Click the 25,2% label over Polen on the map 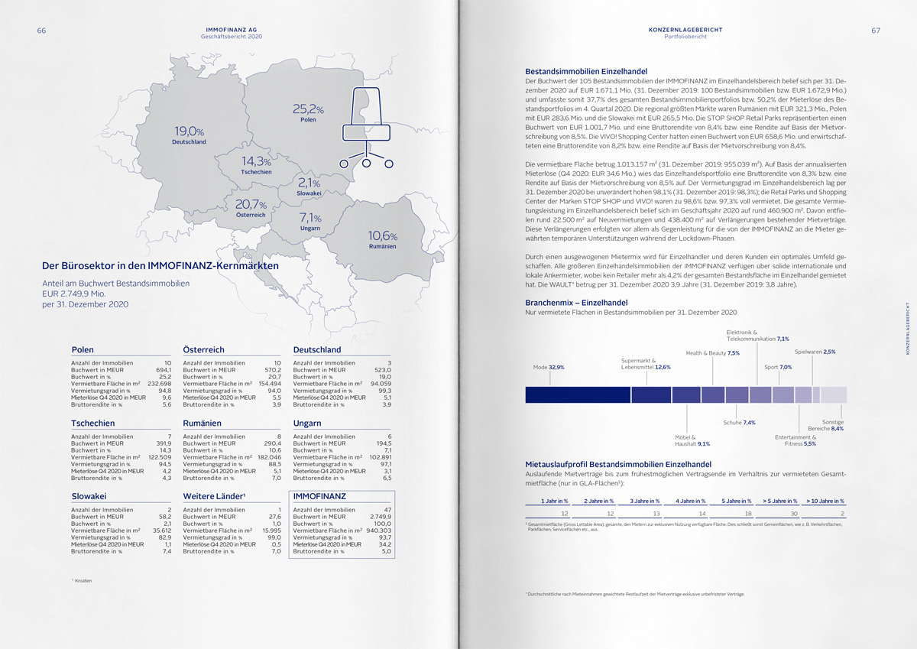[308, 109]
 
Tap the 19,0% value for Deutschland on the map [189, 131]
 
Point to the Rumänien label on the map [382, 246]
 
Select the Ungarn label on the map [309, 228]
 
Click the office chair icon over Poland [366, 125]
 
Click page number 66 [42, 31]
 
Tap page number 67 [875, 31]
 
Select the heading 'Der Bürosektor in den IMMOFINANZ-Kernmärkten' [160, 266]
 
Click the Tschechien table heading [93, 423]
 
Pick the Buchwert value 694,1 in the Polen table [164, 370]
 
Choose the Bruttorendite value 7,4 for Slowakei [167, 551]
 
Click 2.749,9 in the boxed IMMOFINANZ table [375, 517]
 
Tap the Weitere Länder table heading [214, 496]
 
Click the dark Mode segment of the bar [577, 394]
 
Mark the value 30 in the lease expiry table [794, 514]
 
